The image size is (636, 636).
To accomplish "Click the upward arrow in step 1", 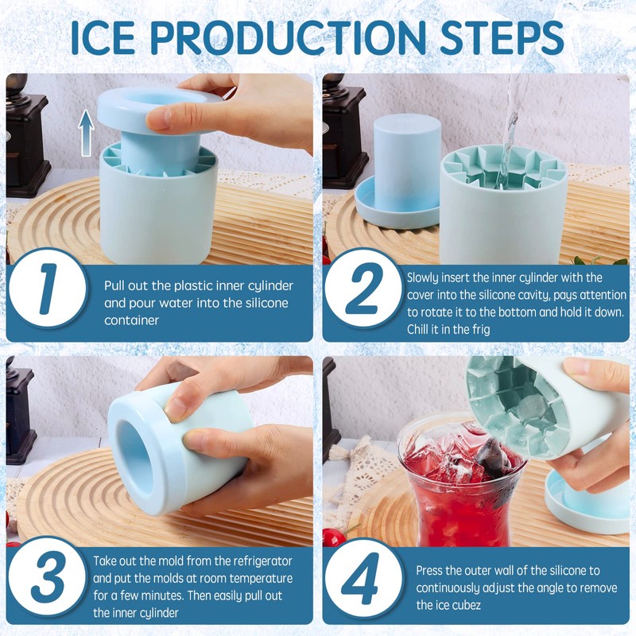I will (x=87, y=132).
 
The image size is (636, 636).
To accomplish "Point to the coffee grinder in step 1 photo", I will (x=28, y=135).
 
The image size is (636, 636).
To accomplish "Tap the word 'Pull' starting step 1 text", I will (x=115, y=285).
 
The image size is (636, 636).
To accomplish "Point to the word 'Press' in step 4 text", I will (x=431, y=571).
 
